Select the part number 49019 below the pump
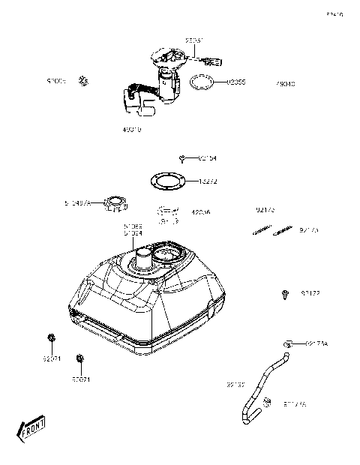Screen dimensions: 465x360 131,130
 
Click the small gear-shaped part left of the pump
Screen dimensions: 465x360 86,79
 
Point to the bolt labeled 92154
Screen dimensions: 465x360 182,158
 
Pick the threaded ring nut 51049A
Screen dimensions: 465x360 116,202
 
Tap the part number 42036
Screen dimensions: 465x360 202,212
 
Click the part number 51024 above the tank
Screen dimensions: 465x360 133,233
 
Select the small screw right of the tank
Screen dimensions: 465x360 286,293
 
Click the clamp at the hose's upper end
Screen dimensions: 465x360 287,343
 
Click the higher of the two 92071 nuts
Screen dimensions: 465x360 51,338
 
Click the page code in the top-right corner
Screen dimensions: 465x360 334,14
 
